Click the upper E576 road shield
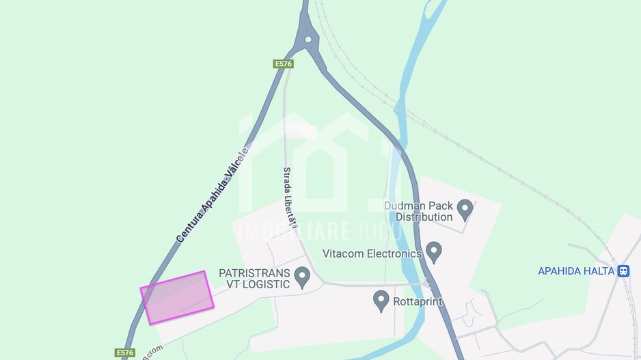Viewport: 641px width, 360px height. pyautogui.click(x=284, y=64)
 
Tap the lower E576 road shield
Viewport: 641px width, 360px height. pyautogui.click(x=125, y=352)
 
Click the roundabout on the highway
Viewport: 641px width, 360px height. pyautogui.click(x=308, y=39)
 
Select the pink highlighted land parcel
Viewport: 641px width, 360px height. pyautogui.click(x=177, y=297)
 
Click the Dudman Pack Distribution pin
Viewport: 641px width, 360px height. pyautogui.click(x=465, y=209)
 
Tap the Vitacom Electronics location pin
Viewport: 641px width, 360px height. pyautogui.click(x=433, y=251)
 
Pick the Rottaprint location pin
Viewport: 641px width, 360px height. pyautogui.click(x=381, y=301)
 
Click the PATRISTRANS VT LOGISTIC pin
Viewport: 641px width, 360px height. pyautogui.click(x=301, y=277)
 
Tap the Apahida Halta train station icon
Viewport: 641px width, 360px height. pyautogui.click(x=623, y=271)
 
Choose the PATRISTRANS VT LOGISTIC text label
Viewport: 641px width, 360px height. pyautogui.click(x=254, y=279)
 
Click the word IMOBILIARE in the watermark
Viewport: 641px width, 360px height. pyautogui.click(x=293, y=232)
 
